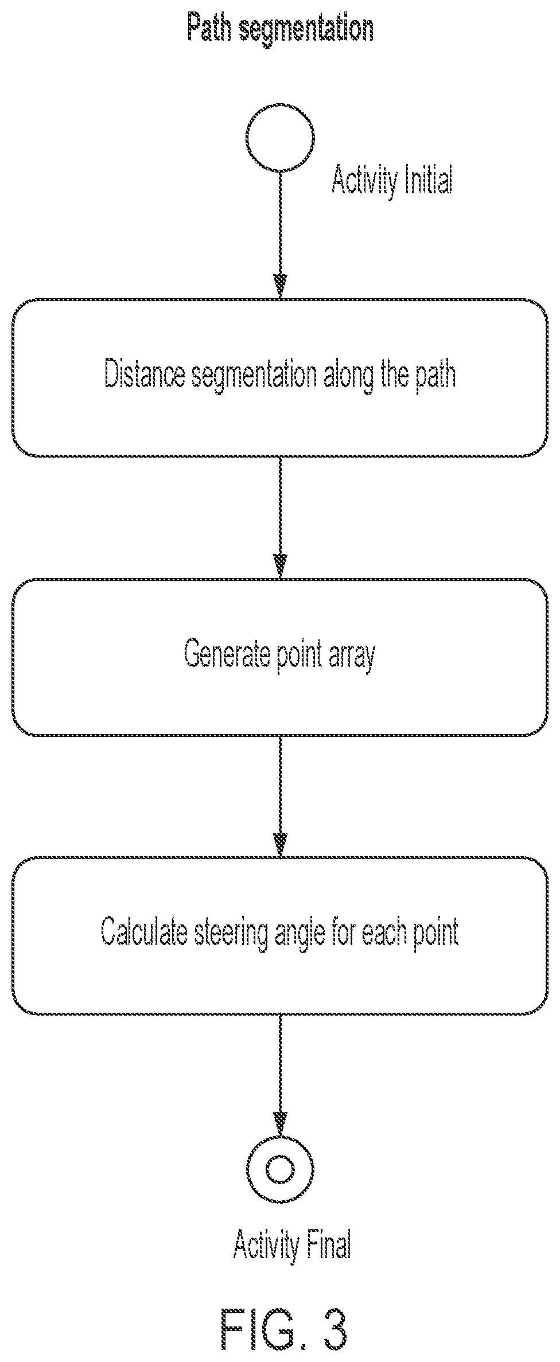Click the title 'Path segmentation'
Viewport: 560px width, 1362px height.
click(x=281, y=29)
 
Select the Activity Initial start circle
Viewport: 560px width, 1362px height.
click(x=280, y=138)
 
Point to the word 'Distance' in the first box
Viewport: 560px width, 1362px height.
click(x=145, y=375)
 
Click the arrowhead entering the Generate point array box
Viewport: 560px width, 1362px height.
click(x=280, y=566)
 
